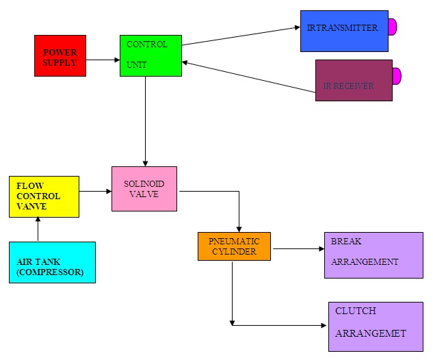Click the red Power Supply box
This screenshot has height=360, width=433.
(x=60, y=56)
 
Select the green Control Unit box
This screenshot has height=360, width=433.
(x=150, y=56)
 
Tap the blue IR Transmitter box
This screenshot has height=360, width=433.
(x=344, y=31)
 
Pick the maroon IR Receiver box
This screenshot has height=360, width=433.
(x=354, y=80)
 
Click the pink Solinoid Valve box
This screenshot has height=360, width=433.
(x=144, y=189)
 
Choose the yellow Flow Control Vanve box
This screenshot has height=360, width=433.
(x=44, y=196)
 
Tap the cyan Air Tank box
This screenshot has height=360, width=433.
(x=53, y=262)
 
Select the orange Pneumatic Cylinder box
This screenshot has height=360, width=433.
(x=234, y=246)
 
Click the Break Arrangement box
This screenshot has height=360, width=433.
(x=373, y=255)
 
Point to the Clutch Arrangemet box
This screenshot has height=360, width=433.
(x=376, y=327)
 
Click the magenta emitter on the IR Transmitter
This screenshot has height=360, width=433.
(x=393, y=27)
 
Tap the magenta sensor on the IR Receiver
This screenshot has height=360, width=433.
(x=397, y=76)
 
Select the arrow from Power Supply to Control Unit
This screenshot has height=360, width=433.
(x=103, y=60)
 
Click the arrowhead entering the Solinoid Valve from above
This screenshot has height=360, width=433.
(x=145, y=164)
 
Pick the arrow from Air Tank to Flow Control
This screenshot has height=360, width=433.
(x=38, y=229)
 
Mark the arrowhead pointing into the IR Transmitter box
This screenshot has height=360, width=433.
(x=298, y=27)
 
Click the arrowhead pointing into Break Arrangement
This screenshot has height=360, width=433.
(x=322, y=249)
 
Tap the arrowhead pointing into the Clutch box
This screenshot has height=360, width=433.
(x=324, y=326)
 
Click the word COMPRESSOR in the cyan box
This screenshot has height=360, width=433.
(x=50, y=272)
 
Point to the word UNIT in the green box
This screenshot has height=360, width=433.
(x=137, y=65)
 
